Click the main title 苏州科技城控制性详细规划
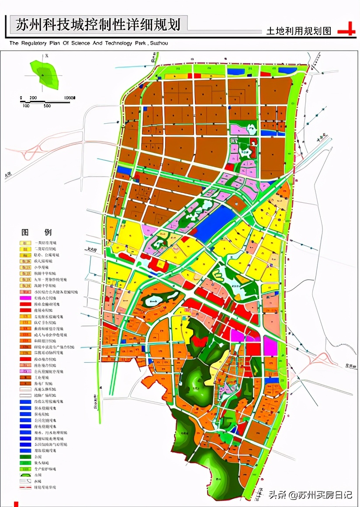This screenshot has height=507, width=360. click(x=98, y=24)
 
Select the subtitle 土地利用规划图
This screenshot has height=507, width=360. click(x=299, y=31)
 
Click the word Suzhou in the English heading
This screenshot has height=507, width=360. click(x=158, y=43)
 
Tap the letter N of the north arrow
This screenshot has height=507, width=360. click(x=46, y=56)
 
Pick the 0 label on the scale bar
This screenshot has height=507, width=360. click(x=21, y=98)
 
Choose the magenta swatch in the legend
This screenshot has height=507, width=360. click(x=24, y=297)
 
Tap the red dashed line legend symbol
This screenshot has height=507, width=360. click(x=24, y=487)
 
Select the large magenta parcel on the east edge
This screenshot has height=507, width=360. click(x=270, y=347)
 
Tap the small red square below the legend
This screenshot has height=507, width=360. click(x=16, y=504)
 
